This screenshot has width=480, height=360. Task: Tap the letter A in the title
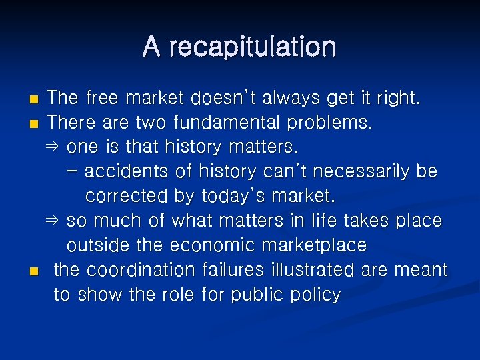[151, 47]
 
